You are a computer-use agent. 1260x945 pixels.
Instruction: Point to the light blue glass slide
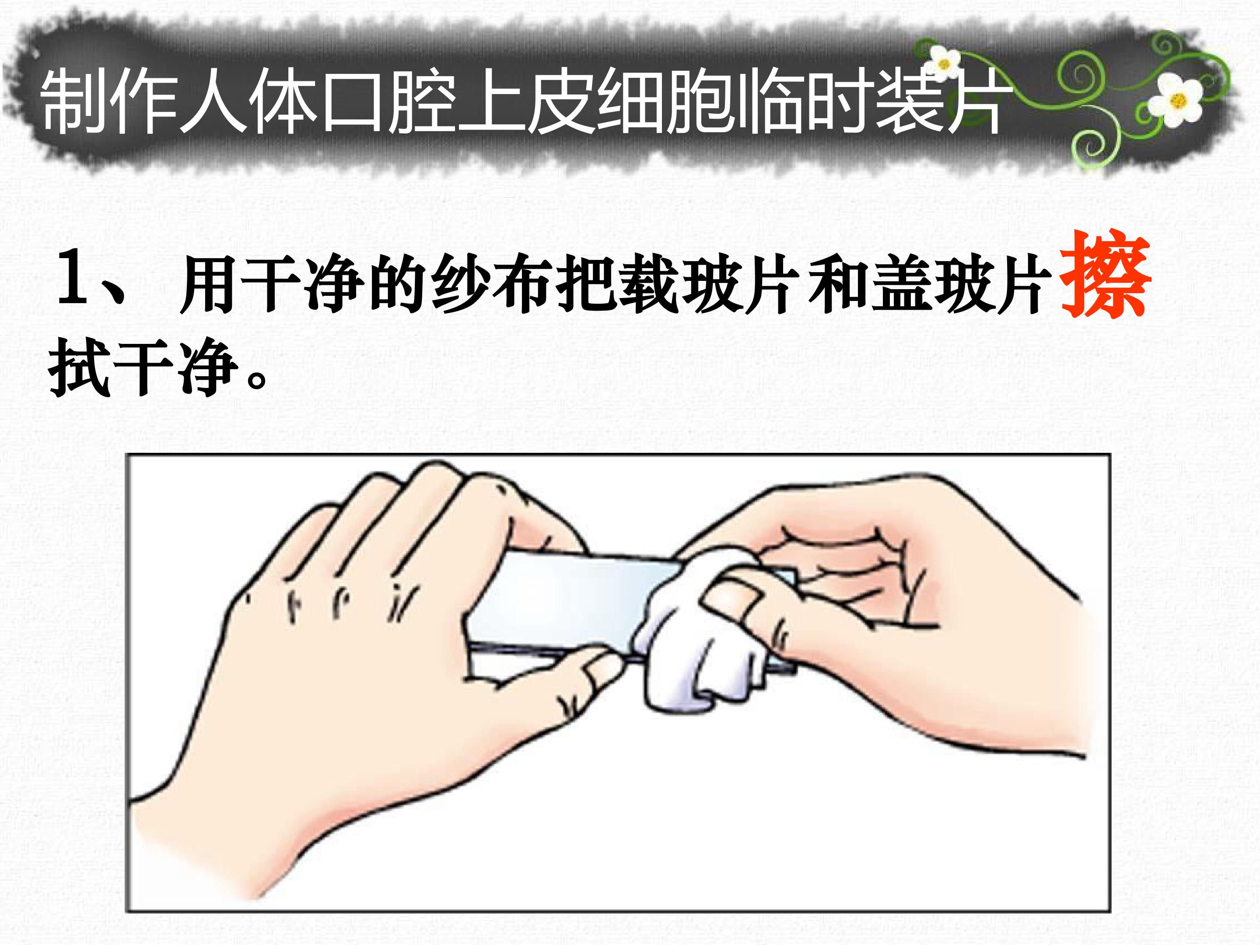click(x=575, y=604)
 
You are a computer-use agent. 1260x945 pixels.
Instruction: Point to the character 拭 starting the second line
click(x=79, y=367)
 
